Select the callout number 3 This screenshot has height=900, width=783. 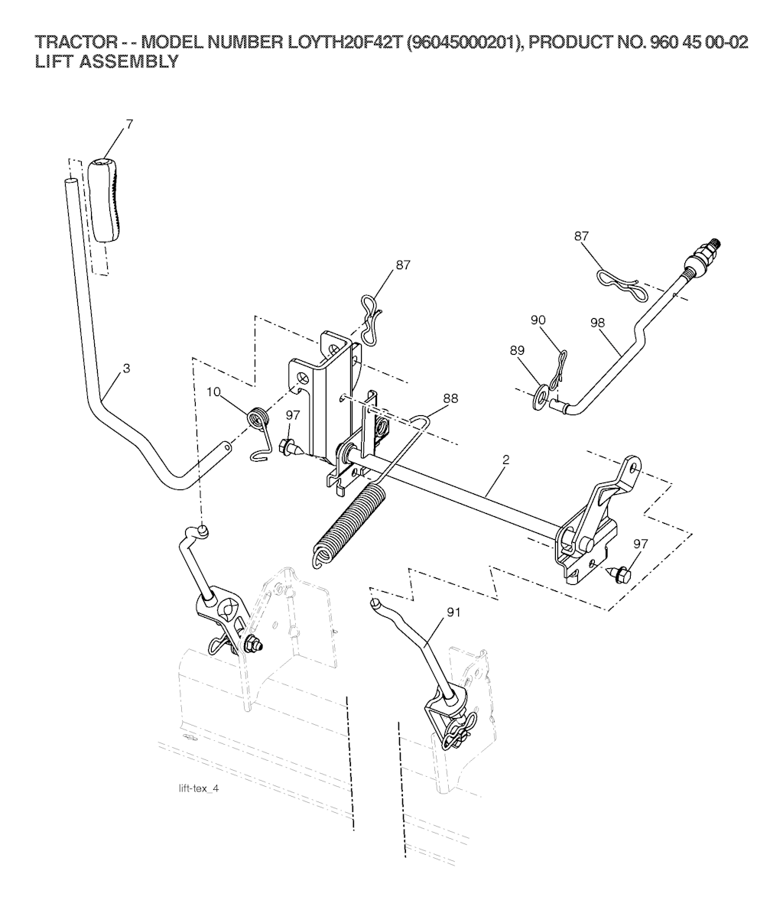pos(126,368)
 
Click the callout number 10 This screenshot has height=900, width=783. pos(213,392)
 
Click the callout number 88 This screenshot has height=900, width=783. pos(450,398)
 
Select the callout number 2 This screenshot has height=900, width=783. pos(505,460)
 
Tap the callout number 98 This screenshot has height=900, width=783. pos(597,323)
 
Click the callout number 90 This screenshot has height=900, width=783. pos(538,320)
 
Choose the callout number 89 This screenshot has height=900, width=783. pos(517,349)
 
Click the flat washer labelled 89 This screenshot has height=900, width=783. pos(540,397)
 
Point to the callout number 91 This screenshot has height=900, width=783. pos(453,612)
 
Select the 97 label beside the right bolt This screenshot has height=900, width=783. pos(641,543)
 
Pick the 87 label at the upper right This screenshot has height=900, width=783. pos(581,236)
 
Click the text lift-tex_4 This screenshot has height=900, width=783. pos(199,788)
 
